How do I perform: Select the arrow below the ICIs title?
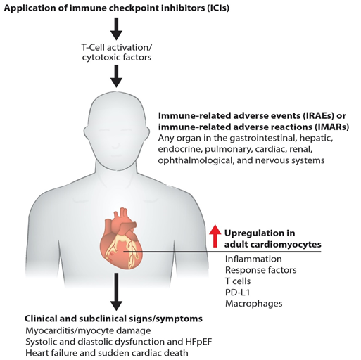[116, 29]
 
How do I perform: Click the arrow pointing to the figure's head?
[116, 76]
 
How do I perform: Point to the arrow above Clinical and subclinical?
[116, 292]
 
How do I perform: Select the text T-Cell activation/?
[117, 48]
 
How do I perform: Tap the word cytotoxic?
[101, 58]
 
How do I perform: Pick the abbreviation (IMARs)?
[331, 127]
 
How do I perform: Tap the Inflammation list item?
[253, 259]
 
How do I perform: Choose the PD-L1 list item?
[237, 292]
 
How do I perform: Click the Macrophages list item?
[254, 304]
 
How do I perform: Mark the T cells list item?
[238, 281]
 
